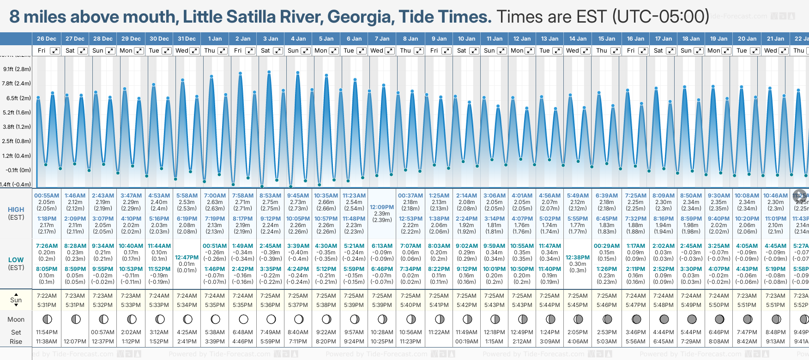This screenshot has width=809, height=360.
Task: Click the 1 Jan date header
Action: coord(215,39)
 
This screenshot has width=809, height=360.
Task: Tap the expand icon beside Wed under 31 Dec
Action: coord(194,51)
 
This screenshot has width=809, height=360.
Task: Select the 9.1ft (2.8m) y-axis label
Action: coord(17,69)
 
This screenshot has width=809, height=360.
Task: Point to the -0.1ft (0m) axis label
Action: coord(18,170)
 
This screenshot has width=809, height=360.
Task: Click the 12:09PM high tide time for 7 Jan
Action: coord(382,207)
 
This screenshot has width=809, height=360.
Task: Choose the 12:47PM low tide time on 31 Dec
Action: coord(187,258)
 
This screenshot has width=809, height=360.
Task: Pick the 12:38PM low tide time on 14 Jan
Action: coord(578,258)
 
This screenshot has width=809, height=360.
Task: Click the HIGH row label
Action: coord(16,210)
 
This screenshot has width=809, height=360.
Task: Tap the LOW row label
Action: coord(16,260)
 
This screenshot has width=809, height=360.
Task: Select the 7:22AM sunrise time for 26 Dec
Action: coord(47,296)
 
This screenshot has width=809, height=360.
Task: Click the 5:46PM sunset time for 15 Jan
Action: coord(606,305)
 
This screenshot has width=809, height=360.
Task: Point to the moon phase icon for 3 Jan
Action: coord(271,319)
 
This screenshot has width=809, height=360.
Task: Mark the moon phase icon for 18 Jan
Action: coord(692,319)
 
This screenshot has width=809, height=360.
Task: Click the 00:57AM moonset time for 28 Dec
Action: coord(103,332)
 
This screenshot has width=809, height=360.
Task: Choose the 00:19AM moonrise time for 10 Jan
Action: coord(466,342)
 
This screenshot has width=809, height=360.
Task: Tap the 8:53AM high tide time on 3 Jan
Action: coord(270,196)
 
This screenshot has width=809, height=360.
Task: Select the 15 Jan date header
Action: coord(607,39)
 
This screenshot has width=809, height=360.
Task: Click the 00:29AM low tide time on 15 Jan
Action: coord(606,246)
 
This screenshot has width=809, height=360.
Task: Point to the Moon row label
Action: coord(16,319)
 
